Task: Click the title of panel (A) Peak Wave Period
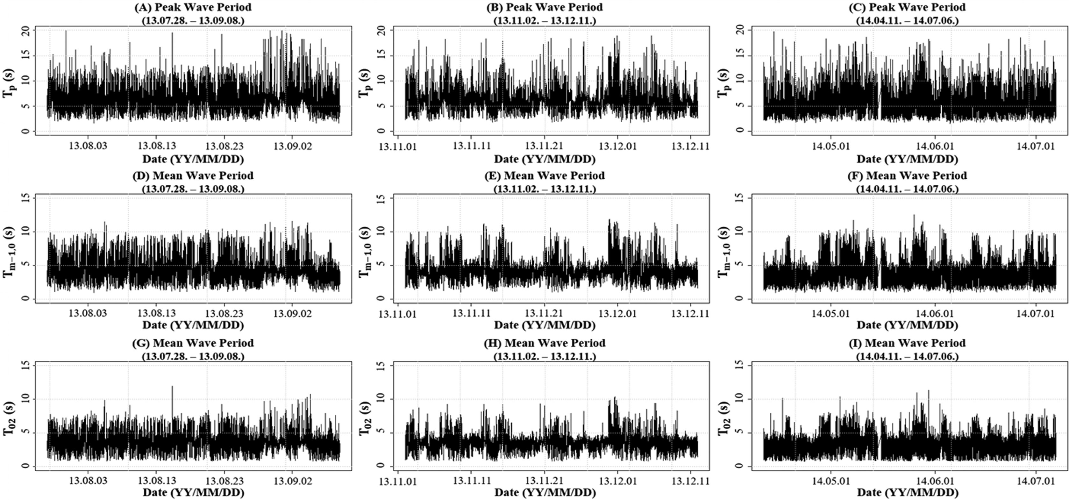(193, 7)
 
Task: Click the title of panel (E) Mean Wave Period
(545, 175)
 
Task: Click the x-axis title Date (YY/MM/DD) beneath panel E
(545, 325)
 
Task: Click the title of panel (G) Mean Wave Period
(193, 343)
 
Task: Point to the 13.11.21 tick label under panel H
(544, 481)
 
